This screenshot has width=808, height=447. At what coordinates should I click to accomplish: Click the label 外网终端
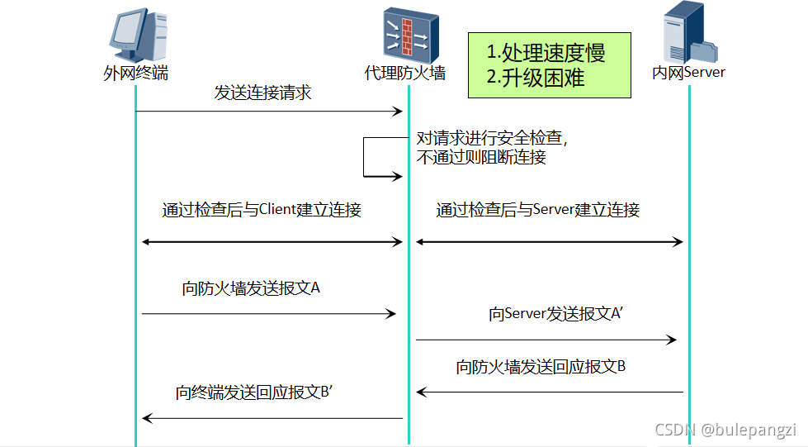(135, 74)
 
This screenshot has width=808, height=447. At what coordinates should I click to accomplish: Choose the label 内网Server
(688, 74)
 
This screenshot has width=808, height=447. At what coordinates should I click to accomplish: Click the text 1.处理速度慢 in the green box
(546, 54)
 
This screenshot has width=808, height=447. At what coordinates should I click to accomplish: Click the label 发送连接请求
(262, 93)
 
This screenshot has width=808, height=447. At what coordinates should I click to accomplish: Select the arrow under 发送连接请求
(268, 111)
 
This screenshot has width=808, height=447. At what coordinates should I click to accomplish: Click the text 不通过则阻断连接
(480, 156)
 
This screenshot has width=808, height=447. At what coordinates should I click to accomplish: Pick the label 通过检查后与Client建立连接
(262, 210)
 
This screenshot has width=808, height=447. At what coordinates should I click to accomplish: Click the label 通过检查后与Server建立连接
(538, 210)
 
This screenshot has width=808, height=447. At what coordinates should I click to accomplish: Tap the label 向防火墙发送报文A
(251, 289)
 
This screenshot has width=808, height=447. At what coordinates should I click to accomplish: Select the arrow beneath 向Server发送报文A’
(546, 340)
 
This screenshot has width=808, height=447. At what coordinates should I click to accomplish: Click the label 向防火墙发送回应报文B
(541, 367)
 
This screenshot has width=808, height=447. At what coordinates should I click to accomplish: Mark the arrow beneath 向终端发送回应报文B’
(272, 419)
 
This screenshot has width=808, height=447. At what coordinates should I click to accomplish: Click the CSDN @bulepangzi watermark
(725, 430)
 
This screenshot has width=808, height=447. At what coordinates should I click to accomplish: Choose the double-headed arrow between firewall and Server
(549, 241)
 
